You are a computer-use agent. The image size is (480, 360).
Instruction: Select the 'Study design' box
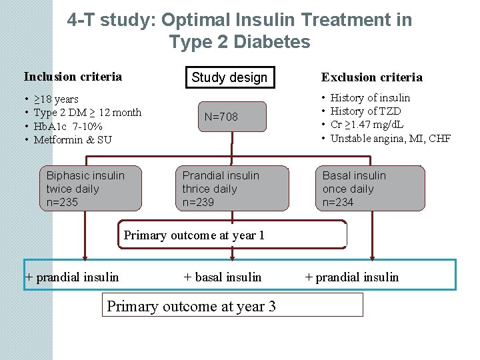coord(229,77)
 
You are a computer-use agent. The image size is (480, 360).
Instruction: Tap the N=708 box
coord(221,117)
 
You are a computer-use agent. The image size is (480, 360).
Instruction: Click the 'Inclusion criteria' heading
coord(73,77)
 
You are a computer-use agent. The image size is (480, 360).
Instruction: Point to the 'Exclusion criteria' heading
coord(371,77)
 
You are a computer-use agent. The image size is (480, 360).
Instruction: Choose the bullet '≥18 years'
coord(56,99)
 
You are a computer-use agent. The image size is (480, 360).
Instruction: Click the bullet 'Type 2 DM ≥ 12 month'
coord(87,113)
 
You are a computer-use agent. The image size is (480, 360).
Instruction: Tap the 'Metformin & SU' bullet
coord(73,139)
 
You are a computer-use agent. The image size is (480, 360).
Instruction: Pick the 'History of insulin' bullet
coord(370,98)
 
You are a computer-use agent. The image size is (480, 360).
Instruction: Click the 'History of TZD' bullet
coord(365,111)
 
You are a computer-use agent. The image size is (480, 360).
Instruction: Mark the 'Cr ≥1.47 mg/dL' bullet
coord(367,125)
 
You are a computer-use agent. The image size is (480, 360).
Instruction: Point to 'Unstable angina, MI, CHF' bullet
coord(391,139)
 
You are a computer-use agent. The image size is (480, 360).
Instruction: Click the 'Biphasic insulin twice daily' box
coord(85,188)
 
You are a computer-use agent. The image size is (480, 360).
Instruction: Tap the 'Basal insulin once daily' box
coord(369,188)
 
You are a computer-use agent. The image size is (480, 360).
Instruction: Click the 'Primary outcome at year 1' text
coord(194,235)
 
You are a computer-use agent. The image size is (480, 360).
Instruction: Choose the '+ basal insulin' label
coord(223,277)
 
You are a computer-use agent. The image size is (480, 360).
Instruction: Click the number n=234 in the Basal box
coord(338,202)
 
